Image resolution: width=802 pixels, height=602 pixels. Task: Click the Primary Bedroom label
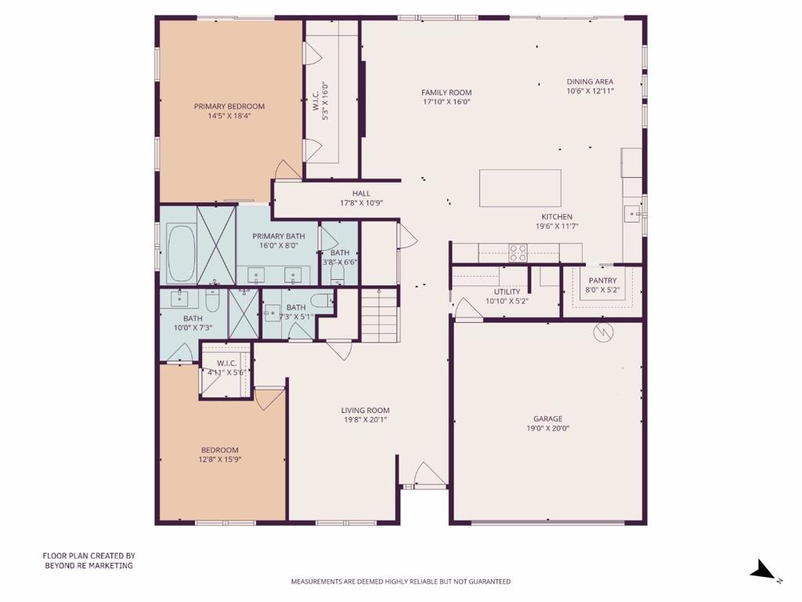[x=229, y=107]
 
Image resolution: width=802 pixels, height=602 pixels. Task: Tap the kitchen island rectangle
[x=520, y=188]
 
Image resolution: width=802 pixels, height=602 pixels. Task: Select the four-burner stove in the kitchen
[x=518, y=252]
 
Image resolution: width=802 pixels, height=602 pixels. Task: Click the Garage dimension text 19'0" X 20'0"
[x=547, y=429]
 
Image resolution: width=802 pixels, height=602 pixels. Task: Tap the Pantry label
[x=602, y=281]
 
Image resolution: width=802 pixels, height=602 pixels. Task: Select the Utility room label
[x=507, y=292]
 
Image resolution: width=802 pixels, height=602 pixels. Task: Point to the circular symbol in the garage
[x=604, y=333]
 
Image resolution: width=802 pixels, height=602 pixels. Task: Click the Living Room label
[x=365, y=410]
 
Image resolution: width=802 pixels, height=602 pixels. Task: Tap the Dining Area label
[x=590, y=82]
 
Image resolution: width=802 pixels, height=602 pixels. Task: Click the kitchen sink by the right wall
[x=632, y=213]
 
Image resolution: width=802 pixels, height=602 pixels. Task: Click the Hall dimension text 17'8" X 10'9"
[x=361, y=203]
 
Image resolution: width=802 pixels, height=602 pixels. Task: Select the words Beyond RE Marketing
[x=89, y=565]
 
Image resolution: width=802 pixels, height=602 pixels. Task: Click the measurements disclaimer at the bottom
[x=400, y=582]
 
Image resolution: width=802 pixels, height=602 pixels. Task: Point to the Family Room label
[x=446, y=92]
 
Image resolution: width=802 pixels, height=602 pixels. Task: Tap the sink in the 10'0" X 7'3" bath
[x=181, y=298]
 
